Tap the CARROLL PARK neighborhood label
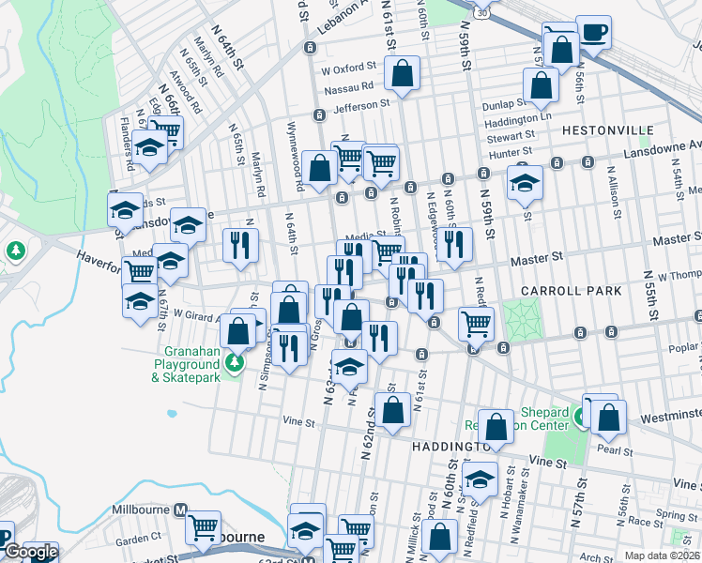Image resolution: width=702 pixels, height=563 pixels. pyautogui.click(x=572, y=291)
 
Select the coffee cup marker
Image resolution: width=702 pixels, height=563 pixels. pyautogui.click(x=593, y=33)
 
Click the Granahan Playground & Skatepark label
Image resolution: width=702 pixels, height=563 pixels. pyautogui.click(x=187, y=371)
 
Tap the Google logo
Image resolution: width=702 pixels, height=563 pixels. pyautogui.click(x=31, y=552)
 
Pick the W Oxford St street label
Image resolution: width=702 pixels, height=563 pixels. pyautogui.click(x=348, y=69)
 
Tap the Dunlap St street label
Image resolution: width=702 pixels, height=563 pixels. pyautogui.click(x=502, y=104)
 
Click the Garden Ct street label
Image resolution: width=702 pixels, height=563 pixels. pyautogui.click(x=140, y=540)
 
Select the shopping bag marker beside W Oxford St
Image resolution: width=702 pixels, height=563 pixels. pyautogui.click(x=402, y=75)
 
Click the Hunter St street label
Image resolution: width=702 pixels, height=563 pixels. pyautogui.click(x=511, y=151)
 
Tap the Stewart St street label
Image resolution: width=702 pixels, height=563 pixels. pyautogui.click(x=510, y=137)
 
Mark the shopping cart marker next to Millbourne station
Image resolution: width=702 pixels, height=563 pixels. pyautogui.click(x=203, y=527)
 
